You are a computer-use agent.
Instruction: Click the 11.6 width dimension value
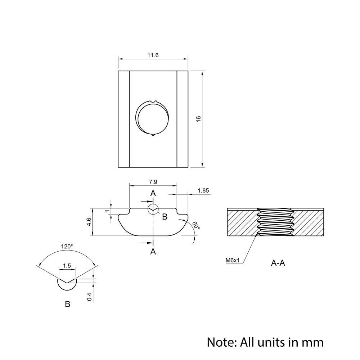(x=153, y=55)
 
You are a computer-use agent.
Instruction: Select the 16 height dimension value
(x=198, y=119)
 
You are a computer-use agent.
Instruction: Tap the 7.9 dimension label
(x=153, y=182)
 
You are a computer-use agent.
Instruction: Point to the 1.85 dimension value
(x=203, y=190)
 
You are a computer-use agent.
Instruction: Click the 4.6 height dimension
(x=89, y=222)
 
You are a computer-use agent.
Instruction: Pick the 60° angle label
(x=196, y=225)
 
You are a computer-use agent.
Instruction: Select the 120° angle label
(x=67, y=246)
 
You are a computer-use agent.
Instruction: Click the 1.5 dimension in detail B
(x=67, y=266)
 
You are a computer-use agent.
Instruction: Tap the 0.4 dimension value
(x=90, y=297)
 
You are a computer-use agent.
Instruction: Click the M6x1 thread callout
(x=233, y=260)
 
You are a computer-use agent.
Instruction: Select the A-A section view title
(x=278, y=263)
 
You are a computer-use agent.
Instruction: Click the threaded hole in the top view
(x=152, y=118)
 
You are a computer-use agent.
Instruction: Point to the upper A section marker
(x=153, y=194)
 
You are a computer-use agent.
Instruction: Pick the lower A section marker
(x=153, y=252)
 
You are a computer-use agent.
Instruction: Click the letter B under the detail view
(x=68, y=304)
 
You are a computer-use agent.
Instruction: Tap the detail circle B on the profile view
(x=153, y=209)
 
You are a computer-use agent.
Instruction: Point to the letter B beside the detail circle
(x=165, y=217)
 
